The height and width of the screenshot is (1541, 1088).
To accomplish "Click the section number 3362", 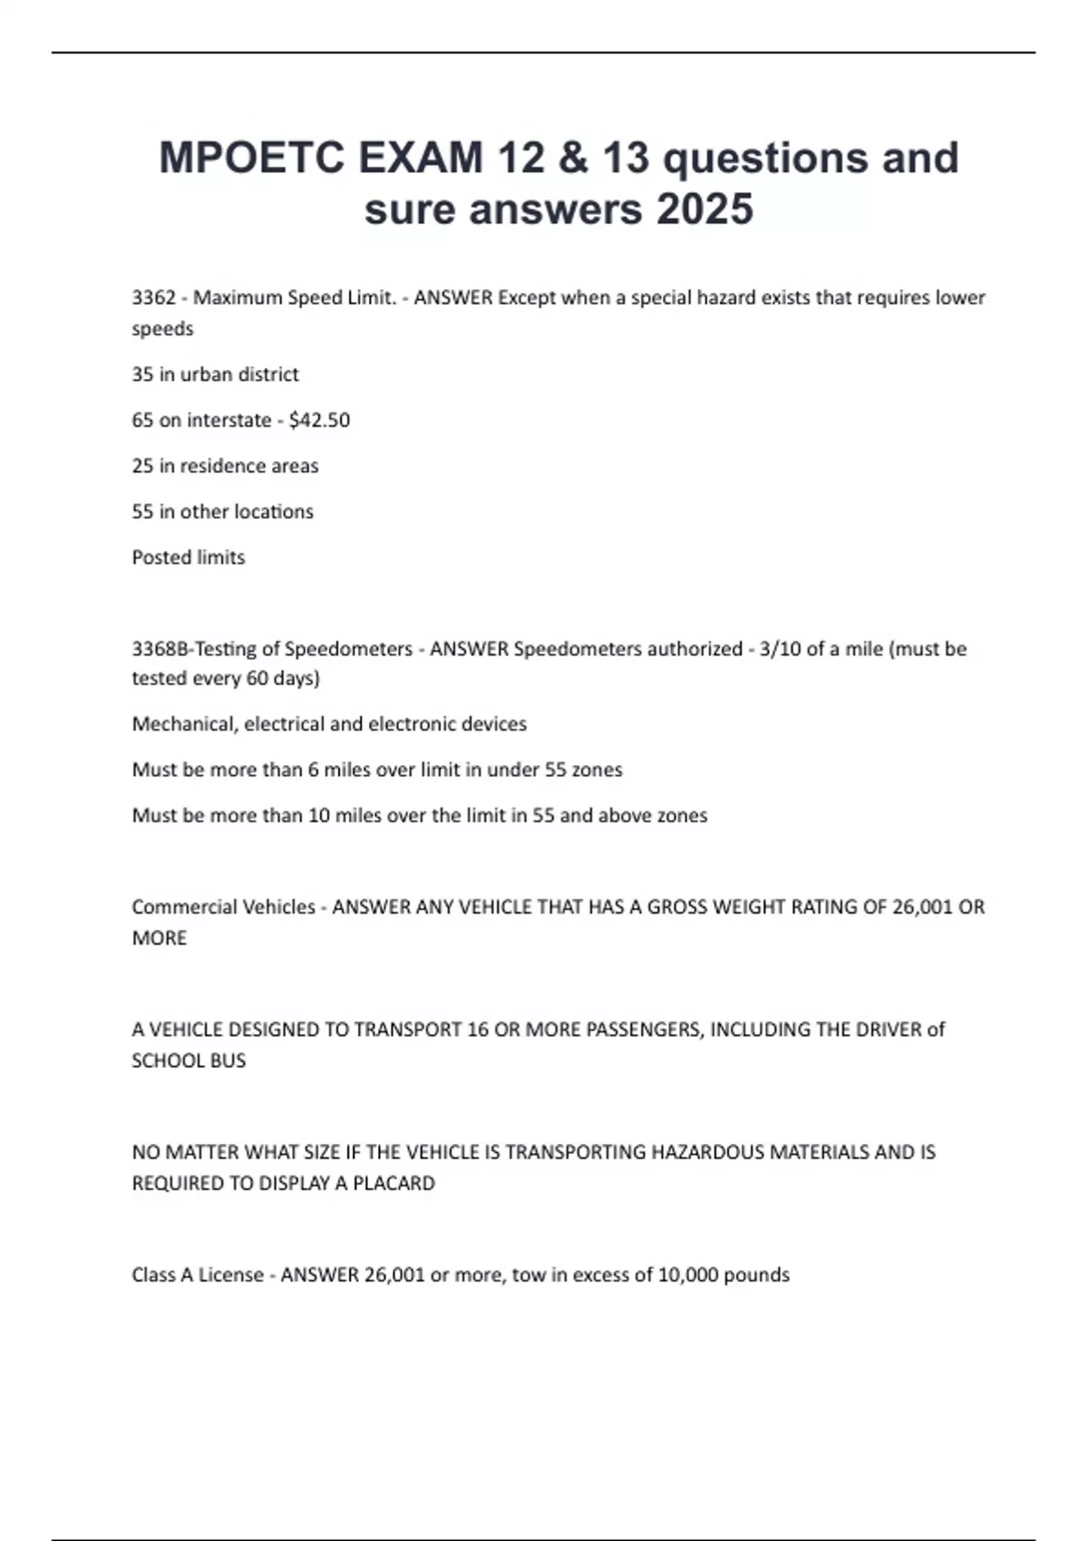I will (x=153, y=297).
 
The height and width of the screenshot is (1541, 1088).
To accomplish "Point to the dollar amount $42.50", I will (x=319, y=420).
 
